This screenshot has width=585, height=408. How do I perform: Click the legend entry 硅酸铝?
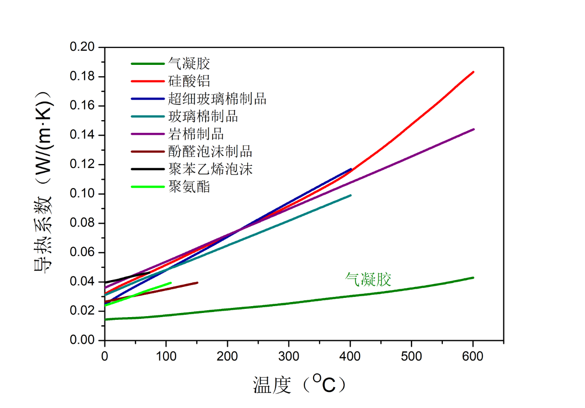click(189, 81)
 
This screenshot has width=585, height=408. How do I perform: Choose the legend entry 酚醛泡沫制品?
click(210, 151)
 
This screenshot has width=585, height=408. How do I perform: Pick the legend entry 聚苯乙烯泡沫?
click(210, 169)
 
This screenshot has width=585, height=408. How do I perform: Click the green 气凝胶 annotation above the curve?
click(368, 279)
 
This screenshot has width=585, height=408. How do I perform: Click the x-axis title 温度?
click(272, 385)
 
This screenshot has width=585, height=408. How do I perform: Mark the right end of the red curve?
click(473, 72)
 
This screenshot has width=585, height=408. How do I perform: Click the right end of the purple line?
click(474, 129)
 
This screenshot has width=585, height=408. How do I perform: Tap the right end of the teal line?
click(351, 195)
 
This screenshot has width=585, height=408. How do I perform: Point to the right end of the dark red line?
click(197, 282)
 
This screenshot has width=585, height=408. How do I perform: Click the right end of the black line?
click(149, 272)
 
